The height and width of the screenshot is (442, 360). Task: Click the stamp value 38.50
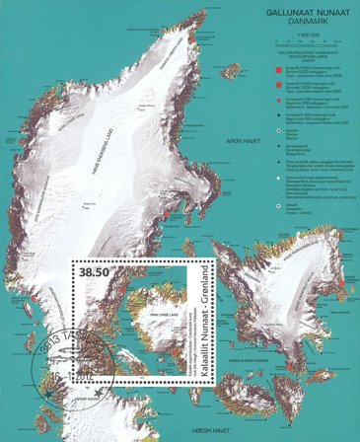(x=96, y=268)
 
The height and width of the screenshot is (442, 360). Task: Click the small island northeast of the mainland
(x=232, y=70)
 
